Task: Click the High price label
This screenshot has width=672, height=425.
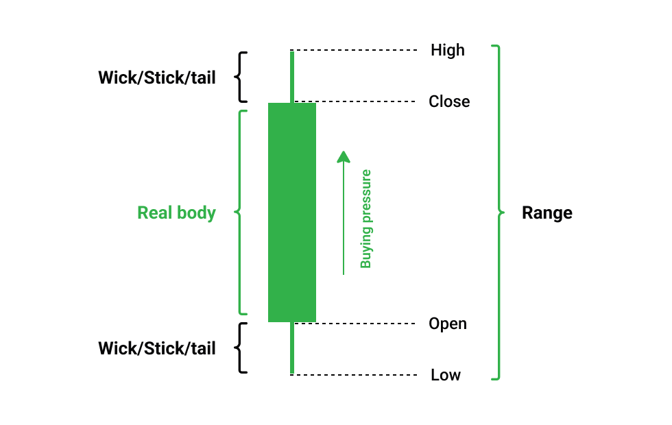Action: tap(447, 50)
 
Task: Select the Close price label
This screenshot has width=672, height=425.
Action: tap(449, 101)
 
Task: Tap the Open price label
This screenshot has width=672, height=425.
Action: tap(447, 324)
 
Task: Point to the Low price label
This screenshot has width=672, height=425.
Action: tap(446, 375)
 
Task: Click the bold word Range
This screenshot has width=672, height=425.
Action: tap(547, 212)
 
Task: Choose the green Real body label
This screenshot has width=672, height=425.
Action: tap(176, 212)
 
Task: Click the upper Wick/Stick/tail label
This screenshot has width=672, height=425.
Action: tap(157, 77)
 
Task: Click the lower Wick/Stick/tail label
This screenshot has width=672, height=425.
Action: tap(157, 348)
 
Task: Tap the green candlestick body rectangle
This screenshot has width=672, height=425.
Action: tap(291, 212)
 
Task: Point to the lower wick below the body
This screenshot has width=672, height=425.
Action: tap(292, 348)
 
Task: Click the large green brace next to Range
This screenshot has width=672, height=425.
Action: tap(499, 212)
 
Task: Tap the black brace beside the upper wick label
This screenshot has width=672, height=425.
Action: tap(241, 77)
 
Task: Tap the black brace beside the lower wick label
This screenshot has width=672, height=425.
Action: tap(241, 348)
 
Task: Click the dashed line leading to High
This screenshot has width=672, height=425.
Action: tap(357, 50)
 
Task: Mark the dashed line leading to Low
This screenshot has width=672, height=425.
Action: tap(357, 375)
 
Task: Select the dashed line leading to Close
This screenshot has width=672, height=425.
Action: tap(367, 101)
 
